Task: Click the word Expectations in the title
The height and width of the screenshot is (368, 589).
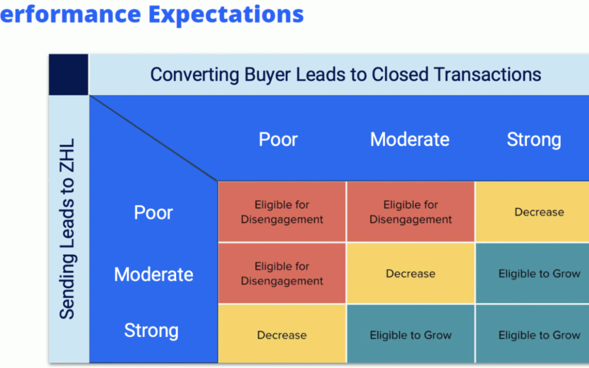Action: pyautogui.click(x=226, y=15)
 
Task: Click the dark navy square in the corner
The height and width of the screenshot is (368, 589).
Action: pyautogui.click(x=69, y=74)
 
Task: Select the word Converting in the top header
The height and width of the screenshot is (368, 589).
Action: pyautogui.click(x=195, y=74)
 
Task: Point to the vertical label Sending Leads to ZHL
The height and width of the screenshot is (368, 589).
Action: pyautogui.click(x=68, y=228)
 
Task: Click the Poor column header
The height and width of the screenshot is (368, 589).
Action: pyautogui.click(x=278, y=140)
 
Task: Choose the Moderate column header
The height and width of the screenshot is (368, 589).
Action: pyautogui.click(x=410, y=140)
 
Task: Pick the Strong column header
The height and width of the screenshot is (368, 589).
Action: pyautogui.click(x=534, y=140)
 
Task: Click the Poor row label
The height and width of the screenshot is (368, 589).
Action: pyautogui.click(x=153, y=212)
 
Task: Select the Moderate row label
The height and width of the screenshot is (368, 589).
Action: pyautogui.click(x=154, y=274)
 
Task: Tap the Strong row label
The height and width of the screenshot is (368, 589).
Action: pyautogui.click(x=152, y=330)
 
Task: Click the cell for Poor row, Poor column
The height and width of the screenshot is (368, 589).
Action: pyautogui.click(x=282, y=212)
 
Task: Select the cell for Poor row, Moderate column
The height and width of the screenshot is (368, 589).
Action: pyautogui.click(x=411, y=212)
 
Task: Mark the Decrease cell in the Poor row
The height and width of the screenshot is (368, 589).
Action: pyautogui.click(x=532, y=212)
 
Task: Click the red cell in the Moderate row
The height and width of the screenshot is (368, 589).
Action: pyautogui.click(x=282, y=273)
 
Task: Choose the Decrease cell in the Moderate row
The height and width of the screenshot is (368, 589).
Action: pyautogui.click(x=411, y=273)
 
